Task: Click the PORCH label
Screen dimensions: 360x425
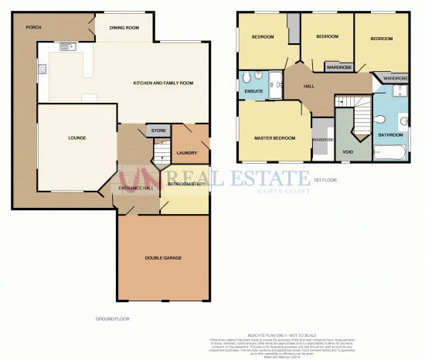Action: (x=32, y=27)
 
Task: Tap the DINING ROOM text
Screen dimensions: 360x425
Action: (x=124, y=28)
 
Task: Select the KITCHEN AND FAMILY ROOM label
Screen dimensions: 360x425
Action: (x=162, y=83)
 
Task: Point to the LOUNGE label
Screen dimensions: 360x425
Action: (x=76, y=138)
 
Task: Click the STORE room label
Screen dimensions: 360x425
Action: (x=158, y=131)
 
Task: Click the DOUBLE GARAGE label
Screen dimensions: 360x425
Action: (x=162, y=257)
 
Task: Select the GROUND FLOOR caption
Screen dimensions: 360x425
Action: (x=112, y=318)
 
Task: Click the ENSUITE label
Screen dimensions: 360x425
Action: (x=253, y=93)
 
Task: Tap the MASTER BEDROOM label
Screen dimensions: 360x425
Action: (x=275, y=138)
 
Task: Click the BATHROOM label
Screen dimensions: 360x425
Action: (x=390, y=135)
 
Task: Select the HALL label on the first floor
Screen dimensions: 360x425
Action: (x=308, y=87)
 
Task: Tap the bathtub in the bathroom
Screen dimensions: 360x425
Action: (x=389, y=151)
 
